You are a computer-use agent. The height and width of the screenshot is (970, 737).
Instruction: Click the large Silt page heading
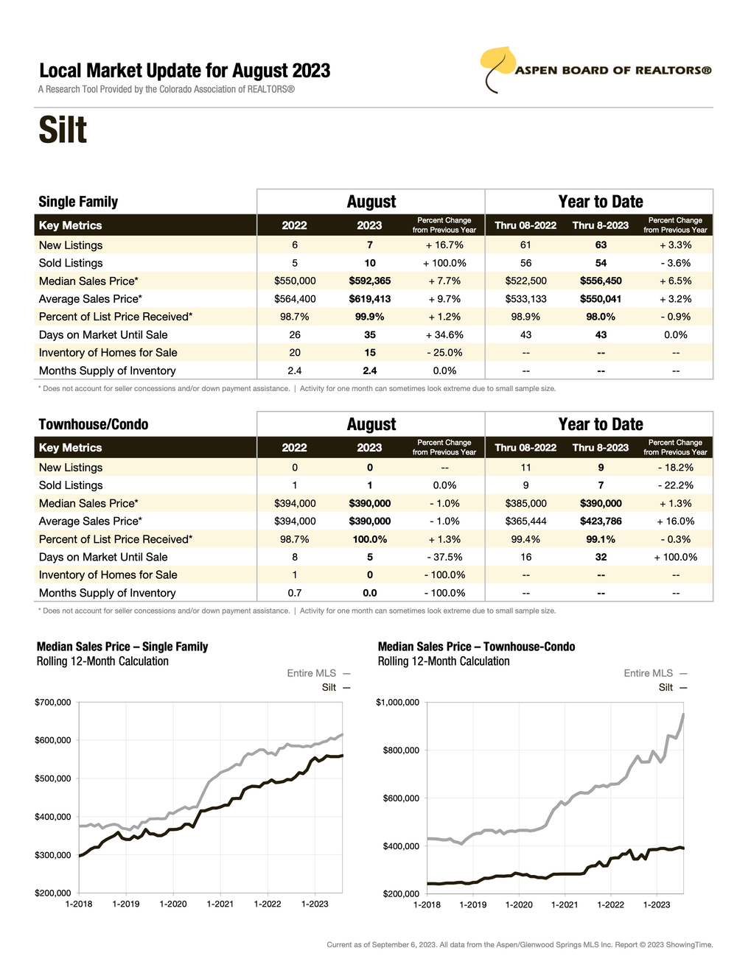tap(63, 130)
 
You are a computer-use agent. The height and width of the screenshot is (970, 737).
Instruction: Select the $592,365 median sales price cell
tap(369, 281)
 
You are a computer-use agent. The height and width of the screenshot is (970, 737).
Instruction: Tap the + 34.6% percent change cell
tap(444, 334)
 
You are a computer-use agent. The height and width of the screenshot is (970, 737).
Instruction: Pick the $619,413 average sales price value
tap(369, 299)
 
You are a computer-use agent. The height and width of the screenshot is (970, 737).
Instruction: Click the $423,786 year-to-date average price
tap(601, 521)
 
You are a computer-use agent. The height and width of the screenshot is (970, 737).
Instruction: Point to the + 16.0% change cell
tap(675, 521)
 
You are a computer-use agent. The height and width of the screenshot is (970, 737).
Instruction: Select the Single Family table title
tap(78, 202)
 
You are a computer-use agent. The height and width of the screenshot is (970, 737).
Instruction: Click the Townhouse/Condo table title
tap(94, 424)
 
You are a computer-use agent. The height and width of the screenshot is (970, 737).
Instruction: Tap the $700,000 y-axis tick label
tap(53, 703)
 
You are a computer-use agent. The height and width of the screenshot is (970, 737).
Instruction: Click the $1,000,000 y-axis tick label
tap(397, 703)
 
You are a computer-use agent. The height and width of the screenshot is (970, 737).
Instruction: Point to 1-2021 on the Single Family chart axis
tap(220, 904)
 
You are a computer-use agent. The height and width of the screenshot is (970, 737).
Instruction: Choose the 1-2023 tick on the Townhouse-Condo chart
tap(657, 904)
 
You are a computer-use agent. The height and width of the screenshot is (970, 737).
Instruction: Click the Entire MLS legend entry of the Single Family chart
tap(312, 673)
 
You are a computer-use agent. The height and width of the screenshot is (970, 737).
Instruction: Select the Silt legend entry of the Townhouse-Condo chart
tap(666, 687)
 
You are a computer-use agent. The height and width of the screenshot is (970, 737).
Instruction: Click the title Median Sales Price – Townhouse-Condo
tap(476, 647)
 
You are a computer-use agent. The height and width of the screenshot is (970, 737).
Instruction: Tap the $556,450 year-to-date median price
tap(601, 281)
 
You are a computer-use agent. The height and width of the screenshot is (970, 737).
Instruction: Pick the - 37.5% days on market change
tap(444, 558)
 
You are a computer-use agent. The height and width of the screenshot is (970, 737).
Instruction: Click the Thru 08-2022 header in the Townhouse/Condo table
tap(525, 448)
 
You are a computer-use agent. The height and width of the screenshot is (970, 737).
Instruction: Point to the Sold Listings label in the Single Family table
tap(71, 263)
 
